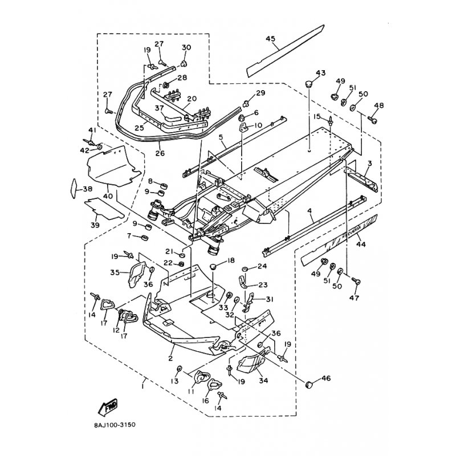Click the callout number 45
point(270,39)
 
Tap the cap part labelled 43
point(310,84)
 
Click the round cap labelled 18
point(215,267)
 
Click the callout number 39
point(94,225)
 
